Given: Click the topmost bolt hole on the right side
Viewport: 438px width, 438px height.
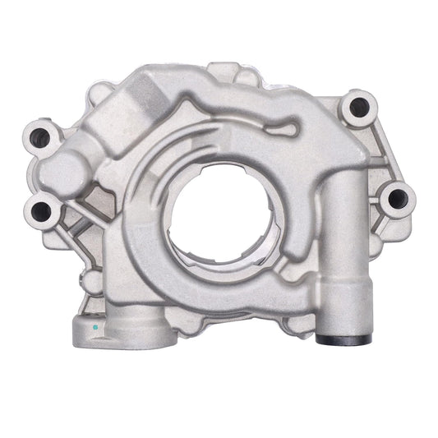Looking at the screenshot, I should click(x=357, y=107).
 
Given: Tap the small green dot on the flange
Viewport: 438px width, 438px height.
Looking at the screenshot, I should click(x=95, y=327).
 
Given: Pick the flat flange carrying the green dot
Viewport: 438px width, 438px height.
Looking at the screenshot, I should click(x=115, y=329).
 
